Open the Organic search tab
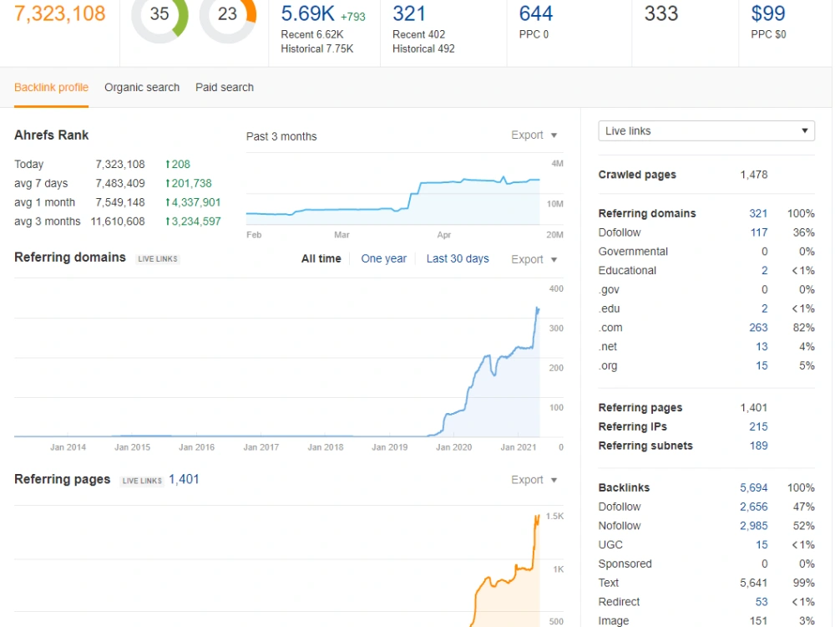coord(142,88)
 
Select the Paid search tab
coord(224,88)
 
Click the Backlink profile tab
coord(51,88)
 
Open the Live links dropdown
coord(706,131)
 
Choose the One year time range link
coord(383,258)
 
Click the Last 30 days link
coord(458,258)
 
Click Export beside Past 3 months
coord(534,135)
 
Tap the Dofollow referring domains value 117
coord(758,232)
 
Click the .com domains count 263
coord(758,328)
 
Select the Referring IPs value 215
coord(758,426)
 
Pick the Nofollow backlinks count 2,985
coord(753,526)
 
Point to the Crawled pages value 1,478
coord(753,175)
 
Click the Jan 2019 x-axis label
coord(389,447)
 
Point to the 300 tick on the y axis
coord(556,329)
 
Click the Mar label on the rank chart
coord(342,235)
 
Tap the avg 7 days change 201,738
coord(189,183)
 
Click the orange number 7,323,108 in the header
coord(59,13)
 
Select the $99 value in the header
coord(768,13)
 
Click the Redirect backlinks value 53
coord(762,602)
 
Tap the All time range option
coord(321,258)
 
